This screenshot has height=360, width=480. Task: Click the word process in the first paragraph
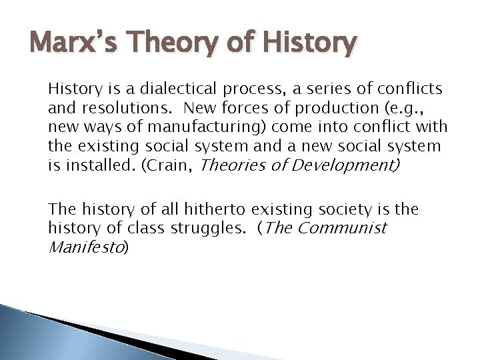[x=240, y=89]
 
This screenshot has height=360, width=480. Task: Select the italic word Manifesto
[x=85, y=247]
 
